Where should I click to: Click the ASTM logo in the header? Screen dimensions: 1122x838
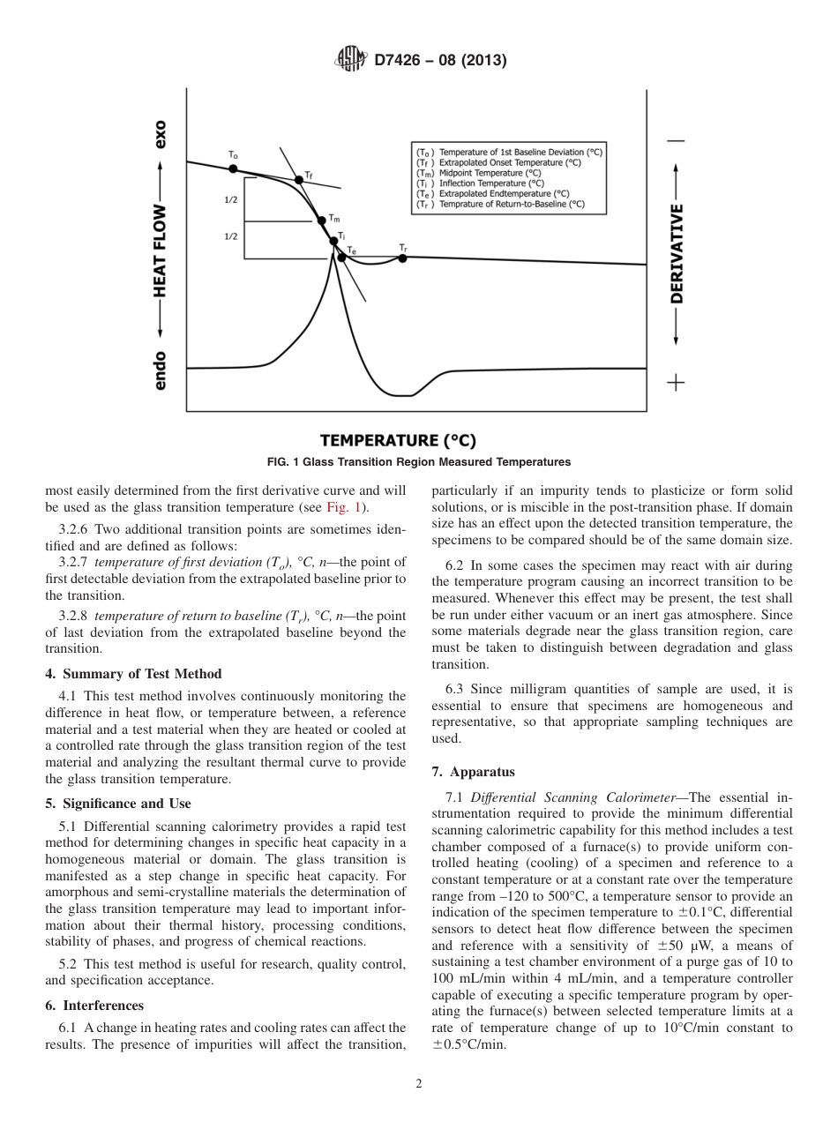pos(352,60)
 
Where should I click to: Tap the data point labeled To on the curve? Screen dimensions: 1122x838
pos(233,167)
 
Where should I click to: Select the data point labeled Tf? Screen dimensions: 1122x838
pos(299,180)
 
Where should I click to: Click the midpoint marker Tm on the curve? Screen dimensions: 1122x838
pos(322,221)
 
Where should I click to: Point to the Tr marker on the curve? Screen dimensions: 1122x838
pos(402,258)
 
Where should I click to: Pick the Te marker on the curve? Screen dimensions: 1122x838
pos(341,258)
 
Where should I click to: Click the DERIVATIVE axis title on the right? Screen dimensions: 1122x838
pos(677,254)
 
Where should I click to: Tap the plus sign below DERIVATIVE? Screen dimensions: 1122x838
pos(677,382)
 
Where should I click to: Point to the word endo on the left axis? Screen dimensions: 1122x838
pos(161,370)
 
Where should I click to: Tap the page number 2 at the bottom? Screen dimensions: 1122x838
pos(419,1084)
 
